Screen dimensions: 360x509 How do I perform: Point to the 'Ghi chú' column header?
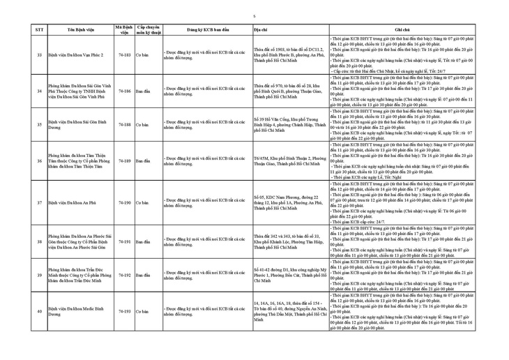pos(402,31)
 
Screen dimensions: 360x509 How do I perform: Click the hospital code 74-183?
pos(126,54)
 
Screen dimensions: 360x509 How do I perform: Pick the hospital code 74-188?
pos(126,124)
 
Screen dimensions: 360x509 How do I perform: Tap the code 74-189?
pos(126,160)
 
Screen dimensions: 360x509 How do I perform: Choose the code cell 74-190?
pos(126,203)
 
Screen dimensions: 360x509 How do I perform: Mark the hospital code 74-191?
pos(126,241)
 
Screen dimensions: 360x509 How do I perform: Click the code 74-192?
pos(126,275)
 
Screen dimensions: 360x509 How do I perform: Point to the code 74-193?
pos(126,310)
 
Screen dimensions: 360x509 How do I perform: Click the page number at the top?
pos(254,15)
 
